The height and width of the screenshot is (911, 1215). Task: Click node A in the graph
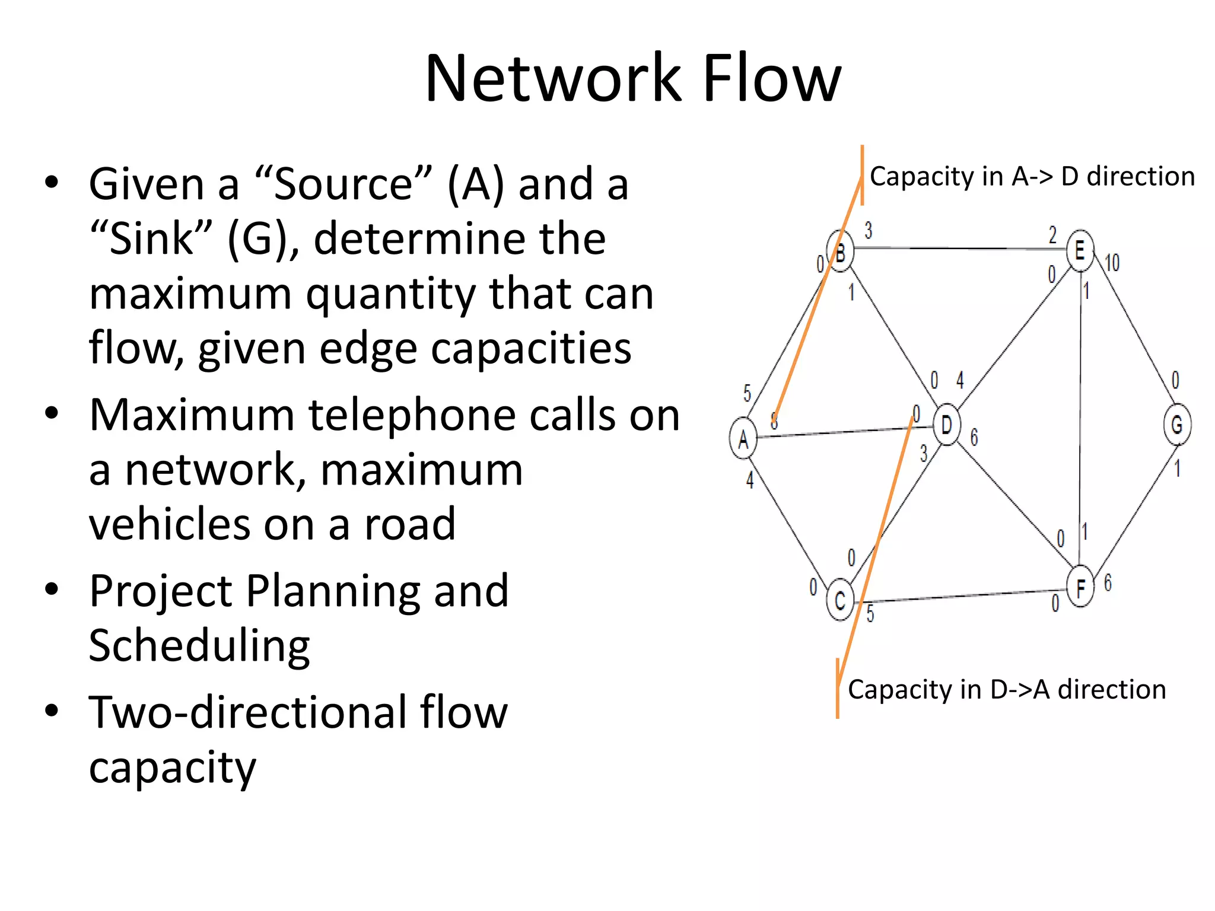pos(743,439)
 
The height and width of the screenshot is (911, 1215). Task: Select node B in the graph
pos(840,252)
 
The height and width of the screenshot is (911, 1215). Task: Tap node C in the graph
pos(840,600)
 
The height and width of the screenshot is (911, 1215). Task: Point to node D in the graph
pos(947,424)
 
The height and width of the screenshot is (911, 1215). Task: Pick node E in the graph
pos(1080,250)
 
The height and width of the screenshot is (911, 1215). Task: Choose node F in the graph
pos(1080,587)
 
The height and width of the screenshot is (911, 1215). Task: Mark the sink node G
pos(1177,424)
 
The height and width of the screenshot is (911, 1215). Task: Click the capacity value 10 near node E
pos(1112,263)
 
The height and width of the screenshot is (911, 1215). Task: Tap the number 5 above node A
pos(748,393)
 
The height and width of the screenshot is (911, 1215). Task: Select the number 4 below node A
pos(750,479)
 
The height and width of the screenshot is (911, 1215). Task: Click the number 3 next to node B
pos(869,230)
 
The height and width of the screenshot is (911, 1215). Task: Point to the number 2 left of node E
pos(1053,235)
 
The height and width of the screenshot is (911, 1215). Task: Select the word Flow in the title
pos(771,79)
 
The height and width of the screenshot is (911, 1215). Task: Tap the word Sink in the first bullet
pos(152,239)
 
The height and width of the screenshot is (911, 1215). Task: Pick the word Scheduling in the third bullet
pos(199,646)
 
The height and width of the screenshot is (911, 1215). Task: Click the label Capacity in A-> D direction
pos(1032,177)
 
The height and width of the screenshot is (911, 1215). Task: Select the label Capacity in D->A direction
pos(1007,689)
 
